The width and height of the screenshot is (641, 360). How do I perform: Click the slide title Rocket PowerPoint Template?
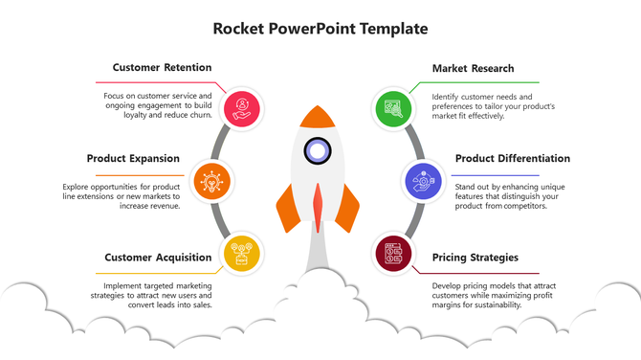pyautogui.click(x=320, y=29)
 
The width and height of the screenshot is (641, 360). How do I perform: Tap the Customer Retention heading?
pyautogui.click(x=162, y=68)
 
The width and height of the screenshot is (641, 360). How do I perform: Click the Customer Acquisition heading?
pyautogui.click(x=158, y=258)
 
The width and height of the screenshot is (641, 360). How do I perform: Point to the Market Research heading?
pyautogui.click(x=473, y=69)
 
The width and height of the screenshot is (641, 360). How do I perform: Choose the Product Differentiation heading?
pyautogui.click(x=512, y=159)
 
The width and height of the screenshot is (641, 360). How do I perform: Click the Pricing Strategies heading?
pyautogui.click(x=475, y=258)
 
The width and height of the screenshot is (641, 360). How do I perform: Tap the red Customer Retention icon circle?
pyautogui.click(x=242, y=106)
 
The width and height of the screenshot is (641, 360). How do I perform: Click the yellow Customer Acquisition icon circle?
pyautogui.click(x=242, y=254)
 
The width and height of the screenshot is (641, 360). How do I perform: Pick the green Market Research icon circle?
pyautogui.click(x=392, y=106)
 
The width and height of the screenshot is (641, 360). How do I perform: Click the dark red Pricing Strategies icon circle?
pyautogui.click(x=392, y=254)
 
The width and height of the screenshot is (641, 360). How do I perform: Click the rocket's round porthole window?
pyautogui.click(x=317, y=150)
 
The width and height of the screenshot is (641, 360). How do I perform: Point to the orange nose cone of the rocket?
pyautogui.click(x=317, y=117)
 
